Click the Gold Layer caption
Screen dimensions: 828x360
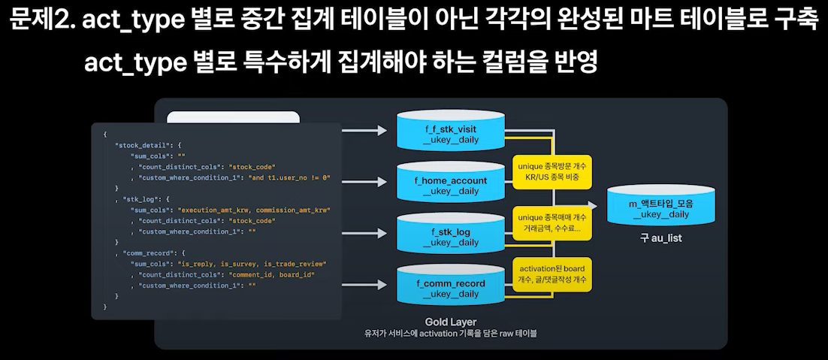click(450, 322)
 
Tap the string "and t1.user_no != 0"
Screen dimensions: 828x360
click(289, 177)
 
